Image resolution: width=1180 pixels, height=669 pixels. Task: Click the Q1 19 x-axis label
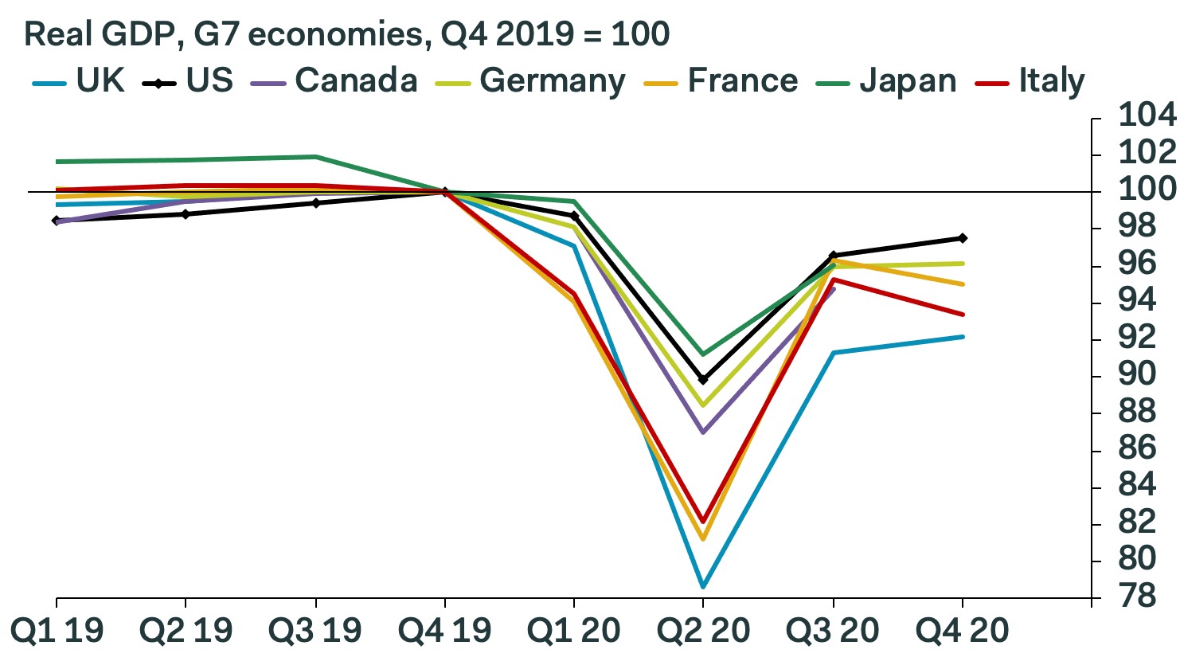[x=57, y=632]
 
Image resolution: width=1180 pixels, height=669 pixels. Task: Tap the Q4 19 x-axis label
[x=444, y=632]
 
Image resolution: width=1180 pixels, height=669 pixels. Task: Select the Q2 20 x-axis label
[x=703, y=632]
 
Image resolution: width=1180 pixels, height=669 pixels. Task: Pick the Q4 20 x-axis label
[x=962, y=632]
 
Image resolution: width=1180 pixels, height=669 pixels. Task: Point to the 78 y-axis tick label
[x=1137, y=596]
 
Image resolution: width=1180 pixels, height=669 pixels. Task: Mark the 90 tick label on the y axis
[x=1137, y=374]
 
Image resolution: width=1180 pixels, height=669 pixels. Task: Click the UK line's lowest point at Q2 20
[x=703, y=587]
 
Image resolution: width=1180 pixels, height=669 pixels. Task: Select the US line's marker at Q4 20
[x=963, y=238]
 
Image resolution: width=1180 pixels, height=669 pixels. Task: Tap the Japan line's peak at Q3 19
[x=315, y=157]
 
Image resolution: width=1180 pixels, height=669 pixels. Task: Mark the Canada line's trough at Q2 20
[x=703, y=432]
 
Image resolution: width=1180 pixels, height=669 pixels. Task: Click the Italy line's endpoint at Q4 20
[x=963, y=315]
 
